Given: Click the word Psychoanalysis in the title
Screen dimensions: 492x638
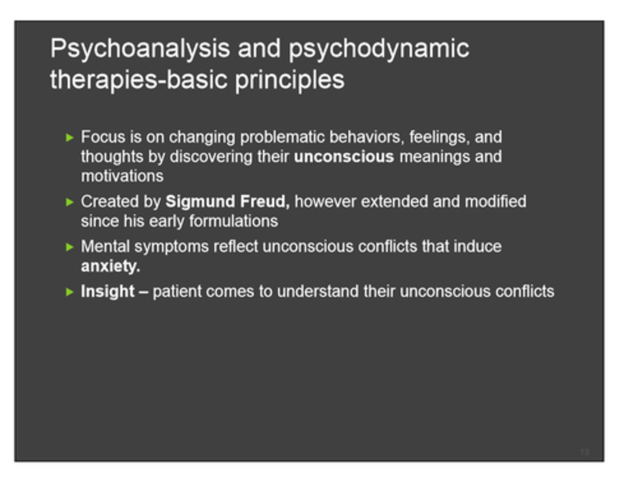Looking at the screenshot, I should pos(140,49).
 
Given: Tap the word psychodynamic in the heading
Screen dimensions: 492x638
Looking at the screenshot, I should pos(379,49).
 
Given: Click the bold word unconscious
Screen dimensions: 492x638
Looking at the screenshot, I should pos(344,157).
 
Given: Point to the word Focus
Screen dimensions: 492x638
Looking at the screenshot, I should pos(103,137).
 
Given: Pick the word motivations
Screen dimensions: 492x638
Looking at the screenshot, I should pos(122,176).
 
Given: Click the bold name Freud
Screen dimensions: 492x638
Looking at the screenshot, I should pos(265,201).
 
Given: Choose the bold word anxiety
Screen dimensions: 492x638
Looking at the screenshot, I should pos(110,266).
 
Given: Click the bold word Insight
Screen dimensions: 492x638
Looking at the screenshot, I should pos(108,291).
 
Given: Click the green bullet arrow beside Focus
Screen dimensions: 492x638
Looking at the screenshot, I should pos(70,138).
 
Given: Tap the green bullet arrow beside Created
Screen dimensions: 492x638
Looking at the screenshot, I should pos(70,202).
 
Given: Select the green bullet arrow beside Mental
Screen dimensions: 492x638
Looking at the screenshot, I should pos(70,247).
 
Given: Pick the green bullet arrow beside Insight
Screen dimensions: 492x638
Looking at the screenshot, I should pos(70,292).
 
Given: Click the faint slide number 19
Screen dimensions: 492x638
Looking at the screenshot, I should pos(584,452).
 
